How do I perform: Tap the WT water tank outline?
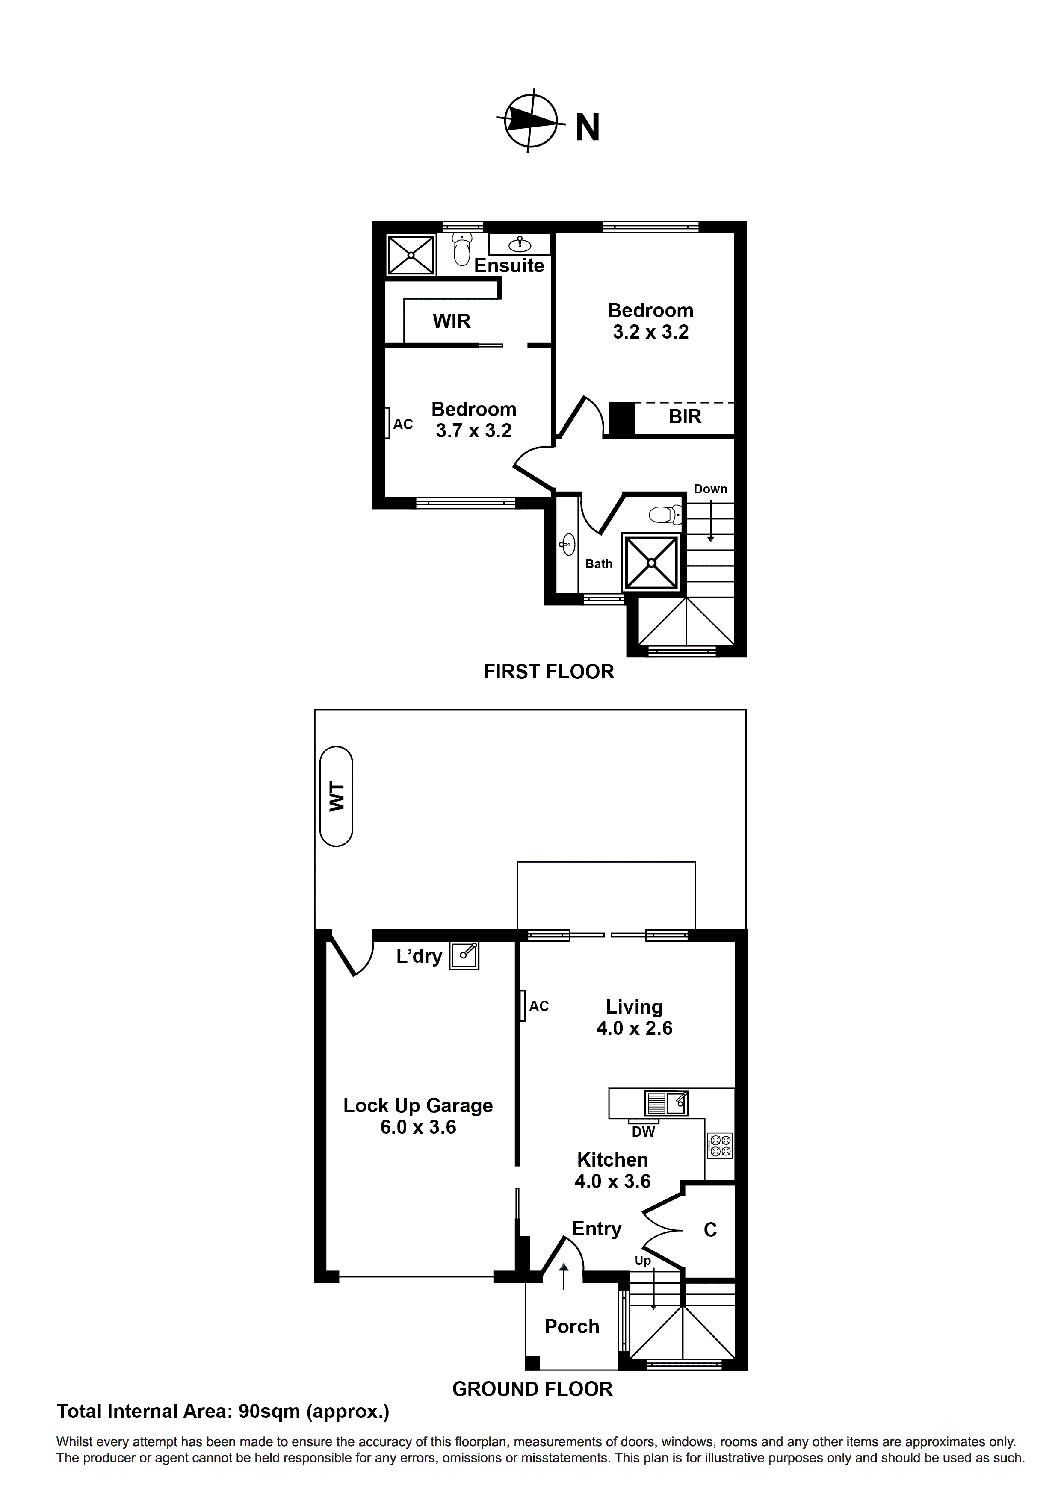336,796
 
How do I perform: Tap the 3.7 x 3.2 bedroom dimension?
473,430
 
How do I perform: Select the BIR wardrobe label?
684,416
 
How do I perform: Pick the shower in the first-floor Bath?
651,562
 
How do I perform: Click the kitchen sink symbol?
667,1103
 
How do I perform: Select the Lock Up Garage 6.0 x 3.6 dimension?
418,1127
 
